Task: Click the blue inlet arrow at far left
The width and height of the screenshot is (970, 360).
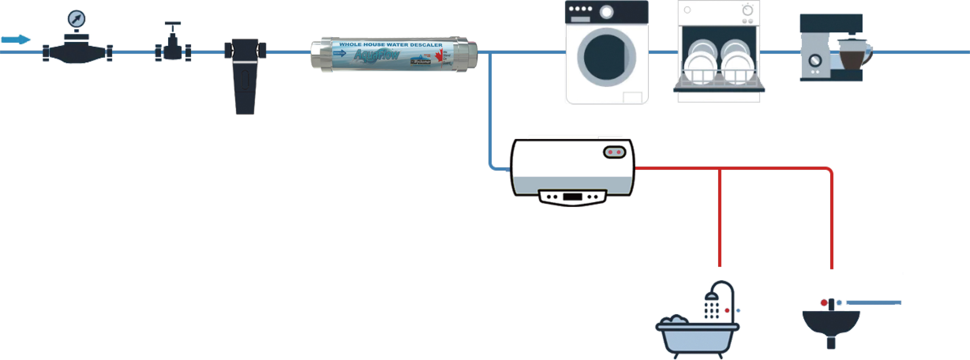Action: [16, 39]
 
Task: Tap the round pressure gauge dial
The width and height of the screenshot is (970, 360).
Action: [76, 18]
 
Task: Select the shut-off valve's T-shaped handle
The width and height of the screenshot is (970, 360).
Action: [173, 24]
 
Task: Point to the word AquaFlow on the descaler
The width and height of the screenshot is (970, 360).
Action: [376, 55]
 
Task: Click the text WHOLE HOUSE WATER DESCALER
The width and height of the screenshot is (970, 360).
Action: [390, 45]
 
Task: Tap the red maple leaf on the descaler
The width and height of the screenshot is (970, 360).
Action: [439, 56]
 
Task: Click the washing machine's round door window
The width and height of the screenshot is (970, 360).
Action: [606, 57]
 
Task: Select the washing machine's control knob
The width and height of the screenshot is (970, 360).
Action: [606, 12]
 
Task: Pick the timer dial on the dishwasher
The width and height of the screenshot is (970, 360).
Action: [747, 10]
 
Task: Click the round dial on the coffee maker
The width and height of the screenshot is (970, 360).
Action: [815, 61]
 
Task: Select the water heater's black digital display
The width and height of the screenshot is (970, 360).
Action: [572, 197]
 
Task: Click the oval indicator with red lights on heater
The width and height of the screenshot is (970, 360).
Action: [614, 152]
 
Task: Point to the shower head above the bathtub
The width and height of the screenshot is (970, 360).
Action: [712, 296]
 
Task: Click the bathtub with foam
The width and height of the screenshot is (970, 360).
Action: [697, 336]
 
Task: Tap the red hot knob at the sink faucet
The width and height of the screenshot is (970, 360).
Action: [824, 303]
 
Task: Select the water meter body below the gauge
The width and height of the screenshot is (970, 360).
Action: [77, 52]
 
